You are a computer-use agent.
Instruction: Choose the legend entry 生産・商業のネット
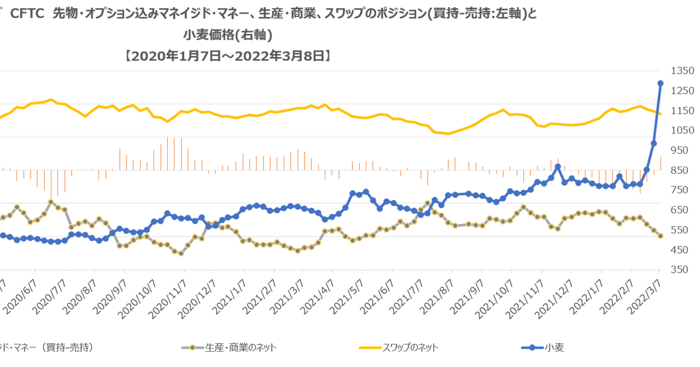(235, 347)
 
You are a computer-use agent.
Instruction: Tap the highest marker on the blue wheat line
(661, 83)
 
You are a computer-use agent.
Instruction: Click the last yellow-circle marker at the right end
(661, 236)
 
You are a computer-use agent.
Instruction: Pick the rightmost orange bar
(661, 163)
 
